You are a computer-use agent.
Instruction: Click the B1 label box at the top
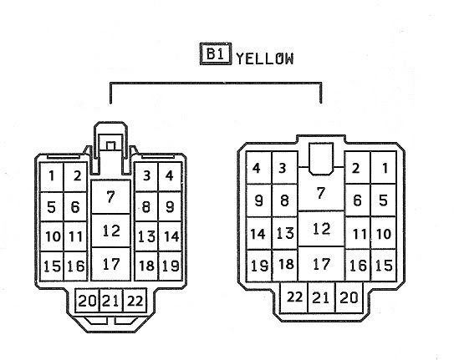(216, 53)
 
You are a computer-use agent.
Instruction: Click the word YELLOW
(265, 58)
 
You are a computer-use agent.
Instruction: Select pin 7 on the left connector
(110, 197)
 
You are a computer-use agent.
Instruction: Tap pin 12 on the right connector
(321, 229)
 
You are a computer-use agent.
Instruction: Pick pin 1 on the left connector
(52, 177)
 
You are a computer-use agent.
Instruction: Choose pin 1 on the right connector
(384, 168)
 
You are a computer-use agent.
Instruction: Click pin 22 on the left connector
(135, 301)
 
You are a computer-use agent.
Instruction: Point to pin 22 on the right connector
(293, 297)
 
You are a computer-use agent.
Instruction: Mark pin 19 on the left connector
(171, 266)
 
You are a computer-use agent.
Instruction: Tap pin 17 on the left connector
(110, 264)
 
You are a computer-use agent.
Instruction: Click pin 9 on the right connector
(259, 200)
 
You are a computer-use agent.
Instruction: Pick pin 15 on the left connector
(52, 266)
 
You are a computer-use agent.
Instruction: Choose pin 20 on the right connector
(349, 297)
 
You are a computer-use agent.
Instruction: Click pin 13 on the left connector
(146, 236)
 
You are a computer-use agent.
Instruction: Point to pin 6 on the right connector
(358, 200)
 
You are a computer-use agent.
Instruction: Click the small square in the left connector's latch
(110, 145)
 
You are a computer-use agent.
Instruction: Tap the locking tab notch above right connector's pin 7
(321, 159)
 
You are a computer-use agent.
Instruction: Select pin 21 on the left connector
(111, 301)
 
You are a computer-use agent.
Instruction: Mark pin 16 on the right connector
(358, 265)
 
